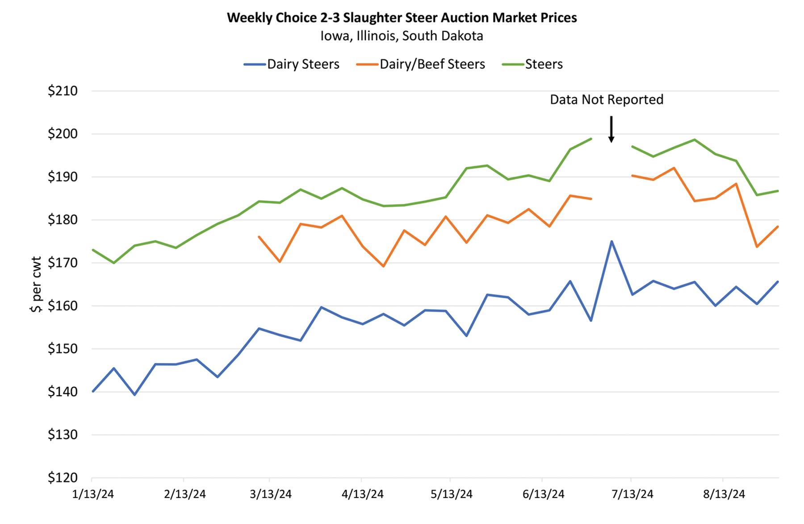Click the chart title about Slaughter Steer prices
click(402, 18)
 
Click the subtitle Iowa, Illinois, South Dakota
click(402, 36)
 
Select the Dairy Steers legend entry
click(302, 64)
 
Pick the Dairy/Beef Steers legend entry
click(431, 64)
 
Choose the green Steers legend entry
click(543, 64)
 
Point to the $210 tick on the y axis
click(63, 91)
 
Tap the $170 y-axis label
click(63, 263)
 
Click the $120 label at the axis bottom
click(63, 478)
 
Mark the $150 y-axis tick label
click(63, 349)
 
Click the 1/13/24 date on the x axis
click(93, 494)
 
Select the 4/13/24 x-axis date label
click(362, 494)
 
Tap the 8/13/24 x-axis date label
click(724, 494)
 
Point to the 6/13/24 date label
click(543, 494)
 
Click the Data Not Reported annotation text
click(606, 100)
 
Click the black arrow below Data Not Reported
click(611, 130)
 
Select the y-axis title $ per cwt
click(36, 284)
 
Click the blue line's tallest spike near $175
click(611, 241)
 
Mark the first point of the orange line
click(259, 237)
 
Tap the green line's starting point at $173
click(93, 250)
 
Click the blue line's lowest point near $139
click(134, 395)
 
